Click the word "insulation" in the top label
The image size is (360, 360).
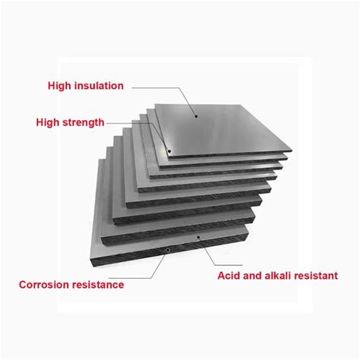coord(99,86)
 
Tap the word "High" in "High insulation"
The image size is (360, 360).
coord(60,86)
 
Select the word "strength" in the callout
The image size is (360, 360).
coord(84,122)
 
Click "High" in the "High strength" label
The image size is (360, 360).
coord(48,122)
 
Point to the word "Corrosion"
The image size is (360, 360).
coord(44,285)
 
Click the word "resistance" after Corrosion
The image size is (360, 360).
coord(98,285)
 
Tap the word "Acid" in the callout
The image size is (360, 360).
coord(229,276)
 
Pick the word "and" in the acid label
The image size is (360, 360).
coord(252,276)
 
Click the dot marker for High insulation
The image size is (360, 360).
coord(196,116)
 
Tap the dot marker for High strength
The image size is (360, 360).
coord(169,152)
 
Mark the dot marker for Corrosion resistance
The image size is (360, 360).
coord(168,250)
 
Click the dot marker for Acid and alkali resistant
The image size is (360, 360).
coord(198,237)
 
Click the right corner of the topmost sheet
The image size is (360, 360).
coord(292,150)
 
